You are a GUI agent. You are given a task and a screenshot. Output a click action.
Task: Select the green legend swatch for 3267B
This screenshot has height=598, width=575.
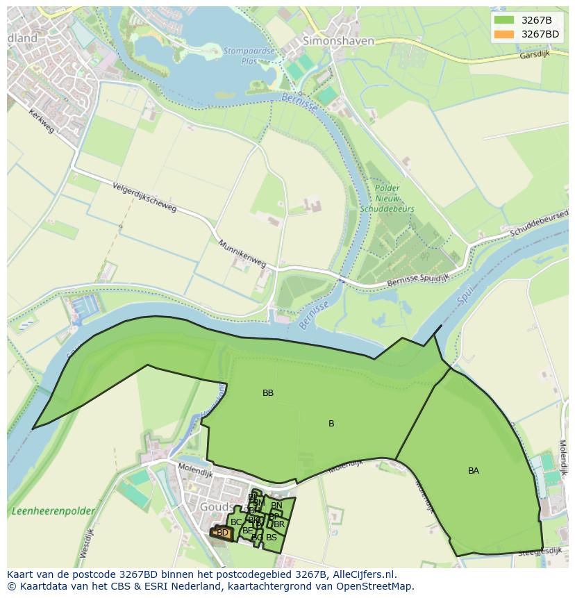tap(504, 20)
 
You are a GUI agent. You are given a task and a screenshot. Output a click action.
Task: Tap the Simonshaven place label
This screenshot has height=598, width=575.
tap(338, 41)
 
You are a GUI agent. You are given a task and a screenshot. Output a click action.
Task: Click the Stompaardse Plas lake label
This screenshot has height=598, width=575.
tap(249, 55)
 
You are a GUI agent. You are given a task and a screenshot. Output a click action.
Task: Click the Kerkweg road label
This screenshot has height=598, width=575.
tap(42, 122)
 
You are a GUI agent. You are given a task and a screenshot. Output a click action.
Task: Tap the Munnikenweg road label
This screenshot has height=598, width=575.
tap(242, 254)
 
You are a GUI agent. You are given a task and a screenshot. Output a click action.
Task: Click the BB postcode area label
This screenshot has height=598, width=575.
tap(268, 393)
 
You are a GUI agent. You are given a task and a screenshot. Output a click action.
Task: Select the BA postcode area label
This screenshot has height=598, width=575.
tap(474, 471)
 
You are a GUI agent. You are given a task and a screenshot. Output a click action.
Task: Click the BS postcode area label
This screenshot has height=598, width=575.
tap(272, 537)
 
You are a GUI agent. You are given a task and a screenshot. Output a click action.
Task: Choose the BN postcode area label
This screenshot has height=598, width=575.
tap(276, 506)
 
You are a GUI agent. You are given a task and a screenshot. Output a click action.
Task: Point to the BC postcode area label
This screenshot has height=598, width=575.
tap(236, 522)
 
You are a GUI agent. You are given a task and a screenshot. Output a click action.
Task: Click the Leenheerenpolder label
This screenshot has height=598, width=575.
tap(53, 511)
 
